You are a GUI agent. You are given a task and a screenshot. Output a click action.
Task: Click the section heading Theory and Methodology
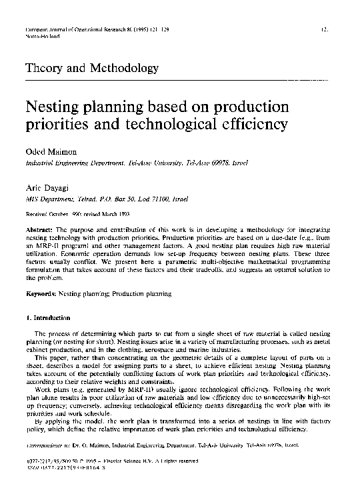pyautogui.click(x=91, y=68)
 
